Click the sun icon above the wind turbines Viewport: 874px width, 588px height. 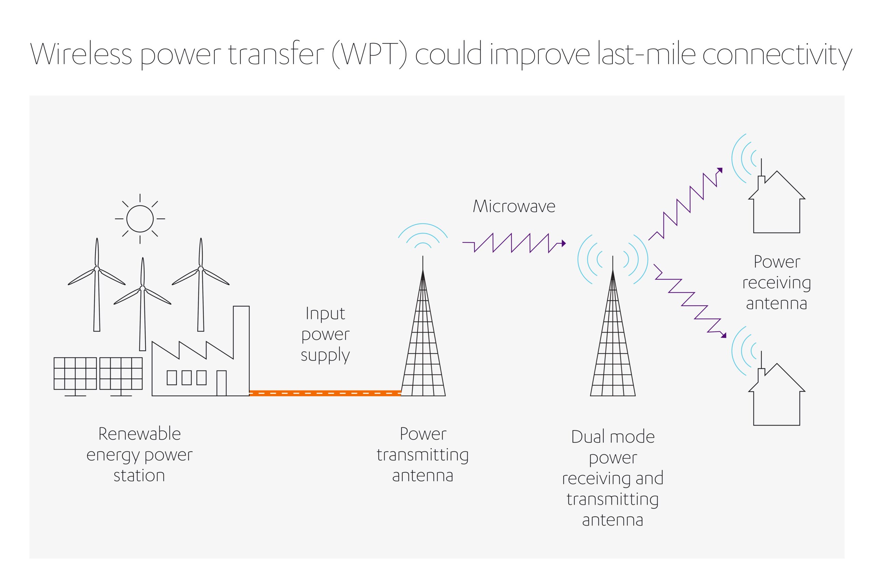pyautogui.click(x=140, y=219)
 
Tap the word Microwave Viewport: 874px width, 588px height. pyautogui.click(x=514, y=206)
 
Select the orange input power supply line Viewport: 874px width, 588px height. pyautogui.click(x=325, y=393)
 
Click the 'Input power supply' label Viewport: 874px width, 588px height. pyautogui.click(x=325, y=334)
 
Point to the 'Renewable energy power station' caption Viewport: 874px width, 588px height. pyautogui.click(x=140, y=455)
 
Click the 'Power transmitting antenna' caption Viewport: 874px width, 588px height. pyautogui.click(x=423, y=455)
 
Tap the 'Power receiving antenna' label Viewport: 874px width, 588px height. pyautogui.click(x=776, y=282)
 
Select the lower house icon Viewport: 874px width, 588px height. pyautogui.click(x=776, y=394)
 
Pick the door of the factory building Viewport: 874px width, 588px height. pyautogui.click(x=222, y=383)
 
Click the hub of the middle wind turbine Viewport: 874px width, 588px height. pyautogui.click(x=142, y=288)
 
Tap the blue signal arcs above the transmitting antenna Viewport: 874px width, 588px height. pyautogui.click(x=423, y=236)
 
